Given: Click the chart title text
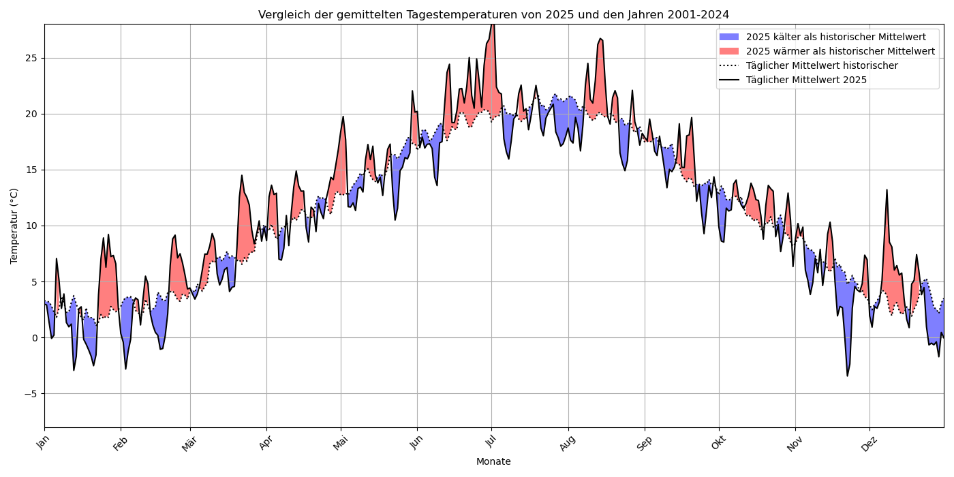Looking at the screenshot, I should pos(493,14).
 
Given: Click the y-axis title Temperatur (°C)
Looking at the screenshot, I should pos(14,226).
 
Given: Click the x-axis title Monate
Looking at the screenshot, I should pos(493,461).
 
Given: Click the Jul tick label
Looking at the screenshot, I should pos(490,442).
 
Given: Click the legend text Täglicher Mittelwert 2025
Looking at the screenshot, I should pos(806,80).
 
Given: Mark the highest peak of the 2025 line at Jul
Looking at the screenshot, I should pos(492,24).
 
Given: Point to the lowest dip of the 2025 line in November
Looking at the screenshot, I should pos(848,375).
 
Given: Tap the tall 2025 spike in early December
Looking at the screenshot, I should pos(887,190).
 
